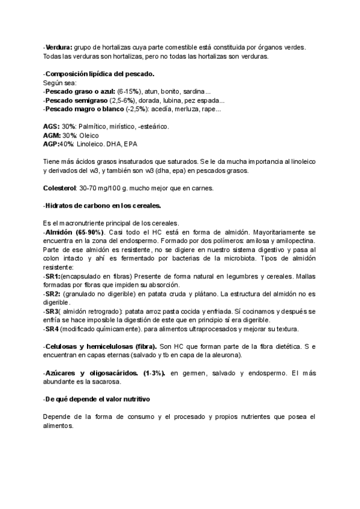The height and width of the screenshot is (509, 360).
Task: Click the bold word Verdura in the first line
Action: (x=59, y=47)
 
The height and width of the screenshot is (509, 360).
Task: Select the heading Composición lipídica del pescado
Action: (x=100, y=74)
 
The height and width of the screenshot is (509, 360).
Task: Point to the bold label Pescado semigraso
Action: (x=77, y=100)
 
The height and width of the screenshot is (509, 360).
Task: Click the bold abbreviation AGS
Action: (x=51, y=127)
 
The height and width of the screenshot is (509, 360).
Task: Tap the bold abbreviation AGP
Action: (x=51, y=145)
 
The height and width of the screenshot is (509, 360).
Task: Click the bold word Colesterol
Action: (x=60, y=188)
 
